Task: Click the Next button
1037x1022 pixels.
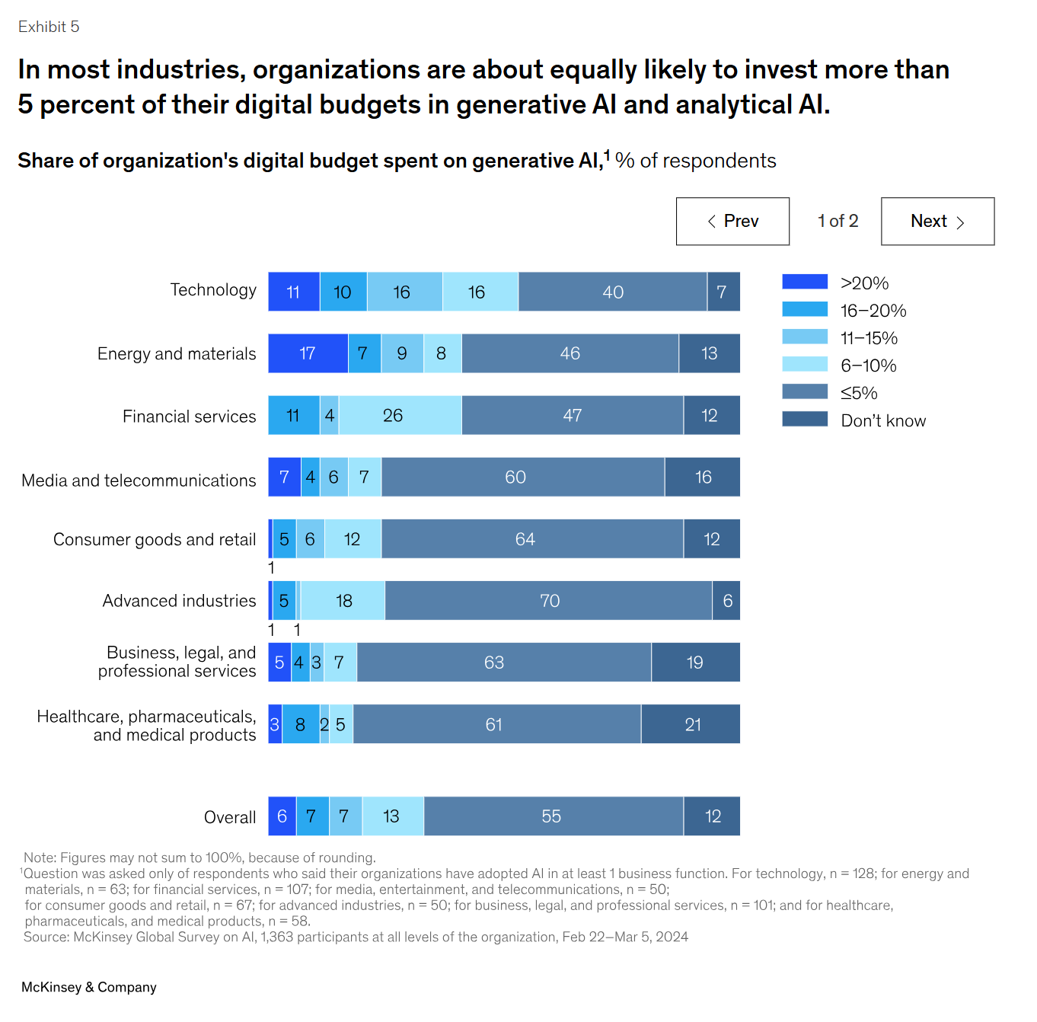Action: tap(937, 222)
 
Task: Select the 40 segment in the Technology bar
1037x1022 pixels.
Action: tap(612, 292)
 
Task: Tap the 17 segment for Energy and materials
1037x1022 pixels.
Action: tap(308, 353)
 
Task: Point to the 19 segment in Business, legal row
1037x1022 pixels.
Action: tap(695, 663)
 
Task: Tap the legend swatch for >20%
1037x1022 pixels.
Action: tap(805, 282)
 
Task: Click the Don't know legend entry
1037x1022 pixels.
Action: tap(883, 420)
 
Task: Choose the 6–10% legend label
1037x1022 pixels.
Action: tap(869, 366)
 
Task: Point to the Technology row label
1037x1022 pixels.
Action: tap(213, 290)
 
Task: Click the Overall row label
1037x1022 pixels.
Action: tap(230, 817)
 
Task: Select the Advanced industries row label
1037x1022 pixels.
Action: tap(180, 601)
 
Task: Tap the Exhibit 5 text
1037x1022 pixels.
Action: tap(49, 27)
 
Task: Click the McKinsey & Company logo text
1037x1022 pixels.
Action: tap(89, 987)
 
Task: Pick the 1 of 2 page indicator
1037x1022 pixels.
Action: tap(838, 221)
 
